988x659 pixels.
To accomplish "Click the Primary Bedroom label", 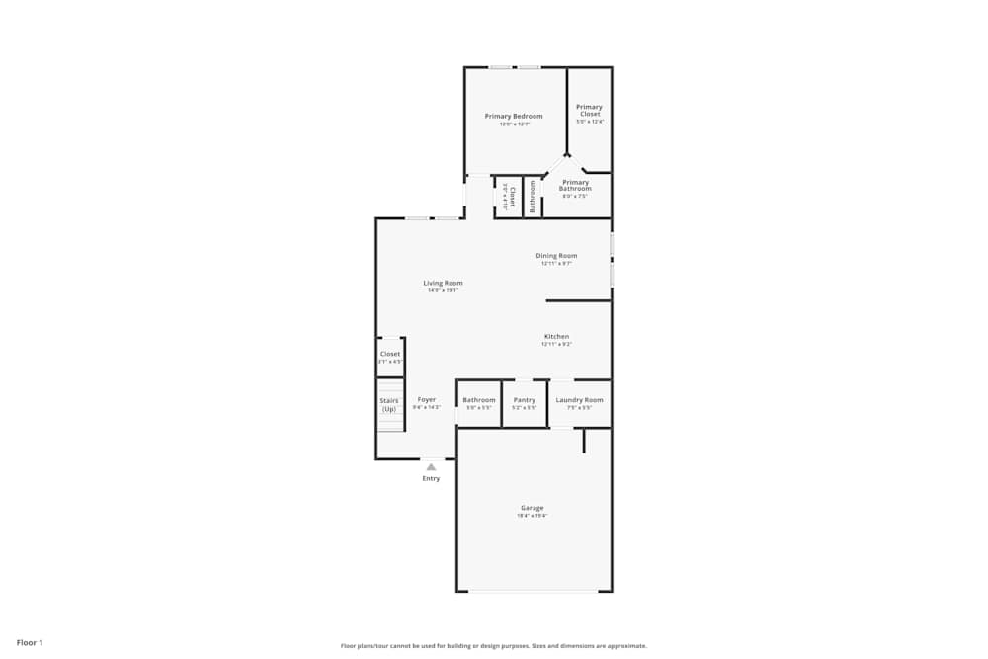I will tap(513, 117).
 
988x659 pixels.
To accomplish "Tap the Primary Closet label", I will tap(589, 110).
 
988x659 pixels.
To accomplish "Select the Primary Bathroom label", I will tap(575, 185).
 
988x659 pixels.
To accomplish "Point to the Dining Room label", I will tap(556, 256).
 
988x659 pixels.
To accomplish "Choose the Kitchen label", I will tap(556, 337).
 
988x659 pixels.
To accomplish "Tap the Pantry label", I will tap(525, 400).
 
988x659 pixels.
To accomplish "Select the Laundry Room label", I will tap(579, 400).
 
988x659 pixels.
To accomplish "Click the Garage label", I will tap(532, 508).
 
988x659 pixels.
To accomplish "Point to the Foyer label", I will tap(426, 400).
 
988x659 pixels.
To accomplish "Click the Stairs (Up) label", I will tap(389, 404).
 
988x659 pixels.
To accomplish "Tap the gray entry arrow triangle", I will tap(431, 466).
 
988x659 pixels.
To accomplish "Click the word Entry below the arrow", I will tap(431, 479).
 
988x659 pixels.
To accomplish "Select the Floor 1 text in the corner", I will tap(30, 643).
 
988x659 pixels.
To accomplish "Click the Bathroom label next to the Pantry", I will tap(479, 400).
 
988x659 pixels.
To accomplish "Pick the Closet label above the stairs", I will tap(390, 354).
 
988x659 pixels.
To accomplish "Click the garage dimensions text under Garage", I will tap(532, 516).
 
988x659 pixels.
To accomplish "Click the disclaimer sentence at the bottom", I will tap(495, 646).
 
